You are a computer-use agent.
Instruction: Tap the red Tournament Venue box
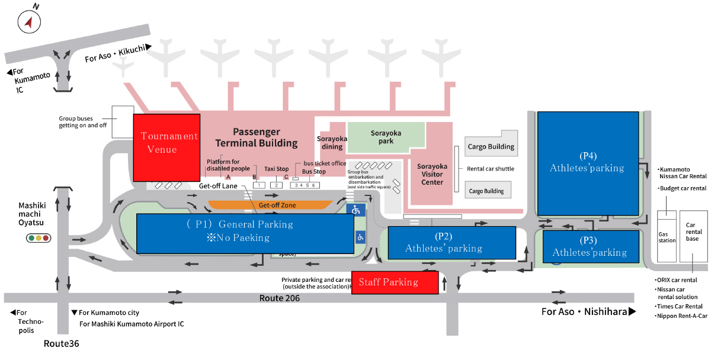[x=166, y=147]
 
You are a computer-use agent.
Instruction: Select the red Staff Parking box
[x=395, y=282]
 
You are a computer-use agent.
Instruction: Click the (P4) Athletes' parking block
[x=587, y=163]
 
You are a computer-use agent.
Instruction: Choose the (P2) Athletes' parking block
[x=451, y=243]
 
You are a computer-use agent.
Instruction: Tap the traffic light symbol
[x=39, y=238]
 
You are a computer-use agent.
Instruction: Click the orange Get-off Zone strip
[x=270, y=205]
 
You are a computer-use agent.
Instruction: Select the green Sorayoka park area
[x=386, y=137]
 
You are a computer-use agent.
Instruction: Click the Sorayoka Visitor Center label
[x=432, y=175]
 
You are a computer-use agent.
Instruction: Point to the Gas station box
[x=667, y=237]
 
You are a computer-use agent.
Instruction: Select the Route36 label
[x=61, y=343]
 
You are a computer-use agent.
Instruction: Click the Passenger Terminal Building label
[x=256, y=137]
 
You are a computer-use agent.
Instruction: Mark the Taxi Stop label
[x=276, y=169]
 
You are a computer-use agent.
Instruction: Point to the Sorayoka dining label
[x=332, y=143]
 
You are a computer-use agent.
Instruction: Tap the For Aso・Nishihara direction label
[x=588, y=311]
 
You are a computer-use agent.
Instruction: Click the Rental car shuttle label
[x=491, y=169]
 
